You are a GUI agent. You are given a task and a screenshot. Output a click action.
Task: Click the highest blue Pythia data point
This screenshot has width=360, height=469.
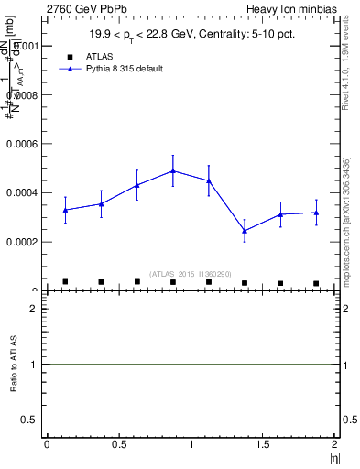(173, 170)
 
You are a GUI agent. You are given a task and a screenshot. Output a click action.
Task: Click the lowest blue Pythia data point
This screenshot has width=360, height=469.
(245, 230)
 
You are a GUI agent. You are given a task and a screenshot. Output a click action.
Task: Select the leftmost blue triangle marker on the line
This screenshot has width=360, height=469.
(65, 210)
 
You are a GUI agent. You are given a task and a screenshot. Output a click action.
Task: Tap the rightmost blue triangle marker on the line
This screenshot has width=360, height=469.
(316, 213)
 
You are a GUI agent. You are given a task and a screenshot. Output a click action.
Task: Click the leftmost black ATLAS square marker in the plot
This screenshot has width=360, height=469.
(65, 281)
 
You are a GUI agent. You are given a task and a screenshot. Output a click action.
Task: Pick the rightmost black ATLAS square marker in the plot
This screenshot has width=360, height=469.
(316, 283)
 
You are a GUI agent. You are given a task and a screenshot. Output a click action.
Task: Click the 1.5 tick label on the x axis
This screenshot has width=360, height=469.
(262, 444)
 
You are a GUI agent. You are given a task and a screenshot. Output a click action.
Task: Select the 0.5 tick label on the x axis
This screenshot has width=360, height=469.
(118, 444)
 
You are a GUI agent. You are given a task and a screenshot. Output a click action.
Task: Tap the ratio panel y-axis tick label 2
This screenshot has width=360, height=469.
(33, 310)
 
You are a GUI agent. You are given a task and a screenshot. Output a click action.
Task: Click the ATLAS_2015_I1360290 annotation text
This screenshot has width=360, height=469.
(191, 274)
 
